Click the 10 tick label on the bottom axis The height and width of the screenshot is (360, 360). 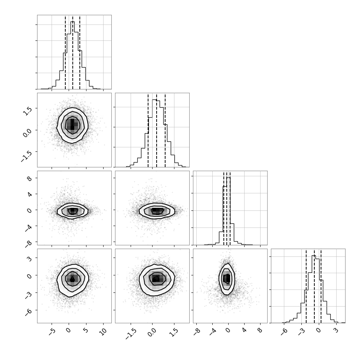pyautogui.click(x=103, y=331)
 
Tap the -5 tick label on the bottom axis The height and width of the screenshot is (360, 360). pyautogui.click(x=52, y=332)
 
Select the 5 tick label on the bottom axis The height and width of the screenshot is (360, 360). pyautogui.click(x=86, y=330)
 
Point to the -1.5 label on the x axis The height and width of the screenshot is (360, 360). pyautogui.click(x=131, y=334)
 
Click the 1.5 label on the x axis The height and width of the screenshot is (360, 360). pyautogui.click(x=174, y=333)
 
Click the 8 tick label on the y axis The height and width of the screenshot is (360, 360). pyautogui.click(x=30, y=179)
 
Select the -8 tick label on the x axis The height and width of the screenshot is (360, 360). pyautogui.click(x=197, y=332)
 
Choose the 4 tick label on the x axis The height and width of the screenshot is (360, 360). pyautogui.click(x=244, y=330)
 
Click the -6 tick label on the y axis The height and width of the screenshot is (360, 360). pyautogui.click(x=28, y=312)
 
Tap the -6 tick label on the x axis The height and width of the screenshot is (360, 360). pyautogui.click(x=284, y=332)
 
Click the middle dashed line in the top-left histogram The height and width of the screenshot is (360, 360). pyautogui.click(x=72, y=52)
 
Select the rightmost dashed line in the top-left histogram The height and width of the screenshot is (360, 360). pyautogui.click(x=80, y=52)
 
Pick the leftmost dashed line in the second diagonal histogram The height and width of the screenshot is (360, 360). pyautogui.click(x=148, y=130)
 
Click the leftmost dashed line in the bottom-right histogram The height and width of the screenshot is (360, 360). pyautogui.click(x=306, y=286)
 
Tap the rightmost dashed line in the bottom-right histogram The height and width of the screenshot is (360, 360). pyautogui.click(x=321, y=286)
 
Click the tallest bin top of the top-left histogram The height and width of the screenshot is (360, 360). pyautogui.click(x=72, y=22)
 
